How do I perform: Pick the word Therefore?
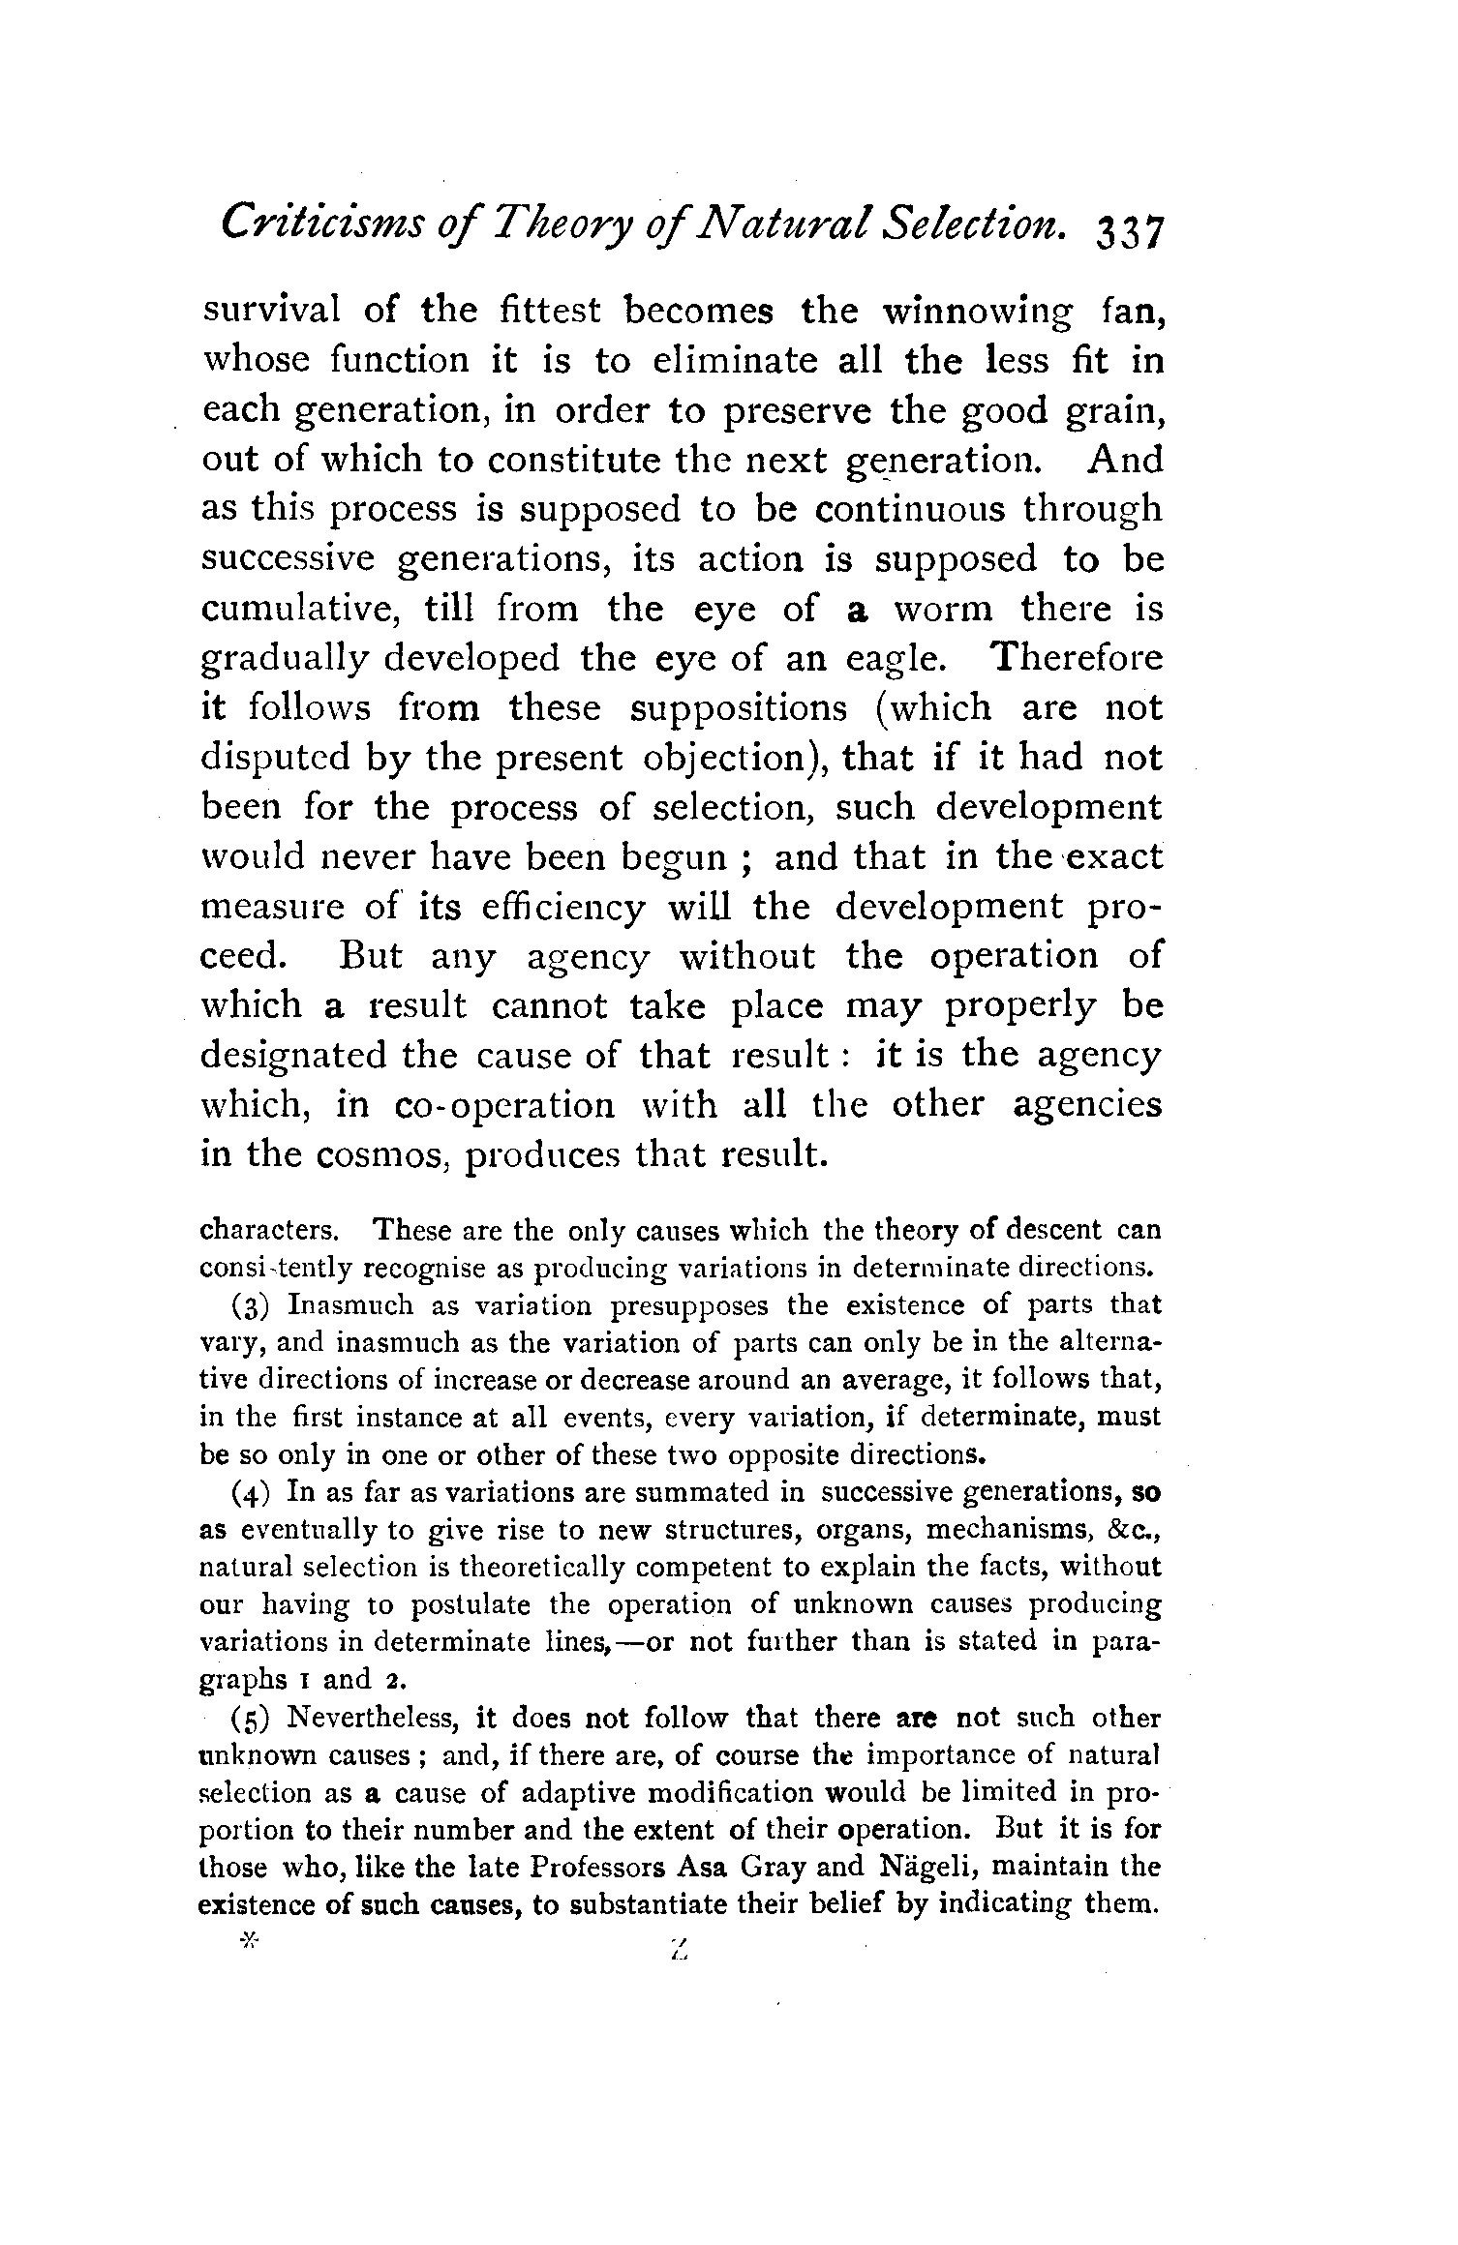tap(1077, 658)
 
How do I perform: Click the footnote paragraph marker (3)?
tap(253, 1306)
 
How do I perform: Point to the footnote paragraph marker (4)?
tap(253, 1492)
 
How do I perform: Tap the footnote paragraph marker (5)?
tap(253, 1718)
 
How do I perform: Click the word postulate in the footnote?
tap(470, 1605)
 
